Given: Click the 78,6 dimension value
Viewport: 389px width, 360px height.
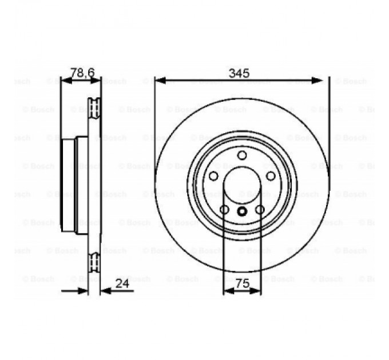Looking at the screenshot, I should (82, 72).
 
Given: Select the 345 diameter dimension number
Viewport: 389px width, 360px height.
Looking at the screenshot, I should (239, 73).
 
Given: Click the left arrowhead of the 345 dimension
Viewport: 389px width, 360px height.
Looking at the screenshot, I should (159, 81).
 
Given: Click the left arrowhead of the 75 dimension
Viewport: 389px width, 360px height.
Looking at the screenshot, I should (227, 291).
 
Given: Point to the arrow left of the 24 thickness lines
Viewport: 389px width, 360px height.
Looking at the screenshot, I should (84, 291).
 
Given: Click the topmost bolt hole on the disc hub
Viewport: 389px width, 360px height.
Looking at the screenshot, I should (242, 155).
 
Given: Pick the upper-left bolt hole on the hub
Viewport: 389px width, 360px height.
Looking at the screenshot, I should (213, 176).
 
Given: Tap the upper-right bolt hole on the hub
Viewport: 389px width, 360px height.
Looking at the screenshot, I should (271, 176).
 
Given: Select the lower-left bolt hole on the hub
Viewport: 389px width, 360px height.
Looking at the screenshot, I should (224, 210).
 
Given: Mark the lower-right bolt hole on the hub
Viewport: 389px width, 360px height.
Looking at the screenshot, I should (260, 210).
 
